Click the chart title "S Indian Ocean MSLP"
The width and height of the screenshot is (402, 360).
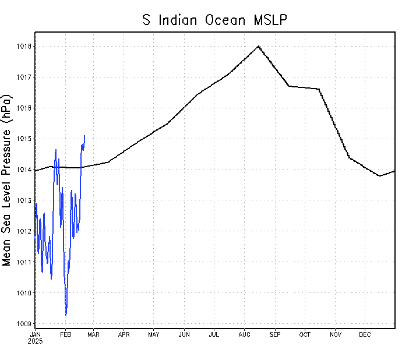pos(216,20)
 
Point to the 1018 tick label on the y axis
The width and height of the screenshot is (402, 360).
pos(24,46)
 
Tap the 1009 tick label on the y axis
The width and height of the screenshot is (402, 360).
pos(24,324)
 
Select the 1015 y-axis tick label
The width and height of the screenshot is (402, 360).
pos(24,139)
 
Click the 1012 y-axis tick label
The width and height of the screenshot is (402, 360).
pos(24,231)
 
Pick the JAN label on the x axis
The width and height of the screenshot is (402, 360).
pos(35,334)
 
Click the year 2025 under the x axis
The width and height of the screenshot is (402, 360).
pos(35,341)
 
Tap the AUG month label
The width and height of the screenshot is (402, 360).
pos(245,334)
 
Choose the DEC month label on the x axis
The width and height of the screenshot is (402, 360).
pos(365,334)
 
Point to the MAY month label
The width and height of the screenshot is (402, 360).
pos(154,334)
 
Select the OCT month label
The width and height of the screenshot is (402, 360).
pos(305,334)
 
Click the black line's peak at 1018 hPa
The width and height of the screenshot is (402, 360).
pos(258,45)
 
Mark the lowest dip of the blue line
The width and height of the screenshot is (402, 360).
pos(66,315)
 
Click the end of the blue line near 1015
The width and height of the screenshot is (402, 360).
pos(84,136)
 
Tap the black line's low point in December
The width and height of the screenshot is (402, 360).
pos(380,176)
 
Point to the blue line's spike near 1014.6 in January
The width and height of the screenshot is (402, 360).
pos(56,150)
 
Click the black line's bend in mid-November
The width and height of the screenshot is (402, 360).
pos(349,157)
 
